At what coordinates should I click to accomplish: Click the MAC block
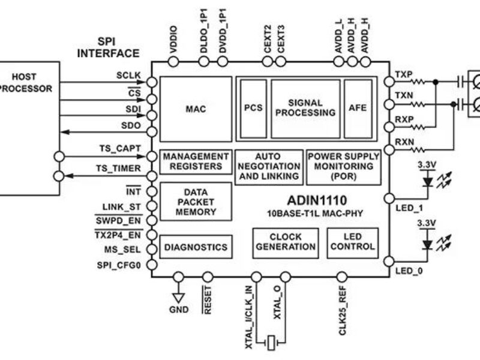point(196,109)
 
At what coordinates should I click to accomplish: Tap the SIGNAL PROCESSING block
point(305,108)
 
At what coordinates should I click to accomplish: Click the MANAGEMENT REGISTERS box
point(196,161)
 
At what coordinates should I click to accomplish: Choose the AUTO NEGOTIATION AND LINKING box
point(268,166)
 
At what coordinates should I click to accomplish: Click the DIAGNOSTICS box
point(196,247)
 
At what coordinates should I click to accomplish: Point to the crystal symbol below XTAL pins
point(271,343)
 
